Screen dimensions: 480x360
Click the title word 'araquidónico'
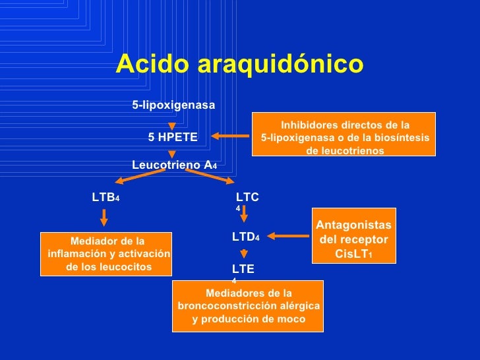pos(280,65)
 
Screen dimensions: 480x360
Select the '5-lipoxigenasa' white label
pos(173,105)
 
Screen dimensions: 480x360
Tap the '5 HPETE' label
pos(173,137)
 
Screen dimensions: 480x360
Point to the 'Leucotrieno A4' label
pos(175,165)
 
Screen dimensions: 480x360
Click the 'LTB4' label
pos(105,197)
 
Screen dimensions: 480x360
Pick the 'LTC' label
pos(247,197)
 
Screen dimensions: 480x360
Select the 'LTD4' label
pos(246,237)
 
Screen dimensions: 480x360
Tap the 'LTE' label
pos(243,269)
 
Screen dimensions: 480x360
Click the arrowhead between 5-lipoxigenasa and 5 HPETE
pos(172,126)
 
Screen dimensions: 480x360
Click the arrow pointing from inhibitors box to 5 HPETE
pos(230,136)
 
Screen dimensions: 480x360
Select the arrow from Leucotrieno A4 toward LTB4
pos(140,177)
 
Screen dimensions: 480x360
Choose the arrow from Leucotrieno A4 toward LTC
pos(210,177)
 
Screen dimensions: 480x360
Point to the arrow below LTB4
pos(104,218)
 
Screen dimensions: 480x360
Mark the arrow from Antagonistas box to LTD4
pos(288,236)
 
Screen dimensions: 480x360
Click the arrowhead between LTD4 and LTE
pos(244,254)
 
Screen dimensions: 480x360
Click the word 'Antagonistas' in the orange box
pos(353,225)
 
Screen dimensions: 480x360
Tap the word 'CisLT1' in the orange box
pos(353,254)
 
